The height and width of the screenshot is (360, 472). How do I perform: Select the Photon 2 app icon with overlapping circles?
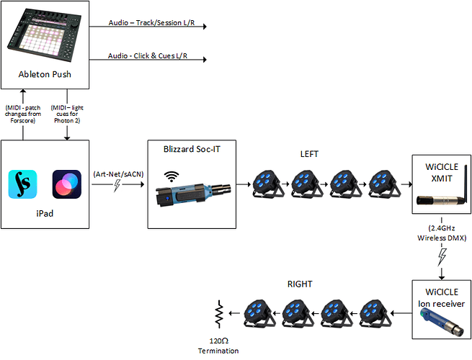click(66, 184)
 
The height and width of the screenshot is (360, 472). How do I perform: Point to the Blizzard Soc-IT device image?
click(192, 193)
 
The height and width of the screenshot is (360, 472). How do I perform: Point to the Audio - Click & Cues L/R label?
click(148, 55)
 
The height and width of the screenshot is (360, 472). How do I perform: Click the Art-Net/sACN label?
click(115, 173)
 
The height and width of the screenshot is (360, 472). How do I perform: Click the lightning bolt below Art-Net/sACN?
click(117, 187)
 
